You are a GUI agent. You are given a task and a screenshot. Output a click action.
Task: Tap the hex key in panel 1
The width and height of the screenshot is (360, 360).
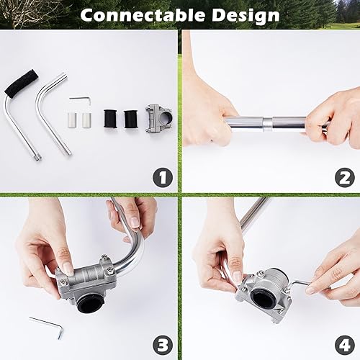(79, 100)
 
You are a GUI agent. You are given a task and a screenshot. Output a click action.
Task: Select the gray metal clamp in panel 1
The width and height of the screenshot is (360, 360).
(160, 118)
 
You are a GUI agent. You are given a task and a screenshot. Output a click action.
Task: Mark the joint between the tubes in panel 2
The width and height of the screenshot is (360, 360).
(267, 123)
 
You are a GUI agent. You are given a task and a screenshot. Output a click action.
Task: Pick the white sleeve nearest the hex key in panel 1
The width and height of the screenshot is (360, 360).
(74, 120)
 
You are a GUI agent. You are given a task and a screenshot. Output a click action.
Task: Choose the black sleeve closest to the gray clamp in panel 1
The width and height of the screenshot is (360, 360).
(130, 120)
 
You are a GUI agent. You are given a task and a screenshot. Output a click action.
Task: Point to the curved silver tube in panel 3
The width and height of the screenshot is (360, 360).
(133, 248)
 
